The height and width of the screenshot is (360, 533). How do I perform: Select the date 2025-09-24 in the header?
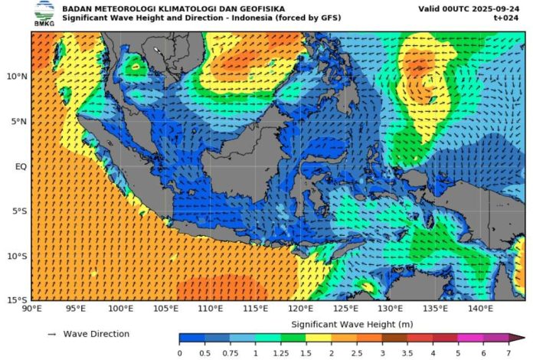[x=501, y=8]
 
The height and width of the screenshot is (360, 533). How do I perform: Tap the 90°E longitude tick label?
[x=31, y=309]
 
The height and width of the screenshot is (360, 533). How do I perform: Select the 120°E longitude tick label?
[x=300, y=309]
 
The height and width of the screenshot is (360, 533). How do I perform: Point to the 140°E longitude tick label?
[x=479, y=309]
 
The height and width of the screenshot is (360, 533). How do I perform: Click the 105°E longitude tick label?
[x=166, y=309]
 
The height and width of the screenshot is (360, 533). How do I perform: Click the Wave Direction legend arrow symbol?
[x=52, y=335]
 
